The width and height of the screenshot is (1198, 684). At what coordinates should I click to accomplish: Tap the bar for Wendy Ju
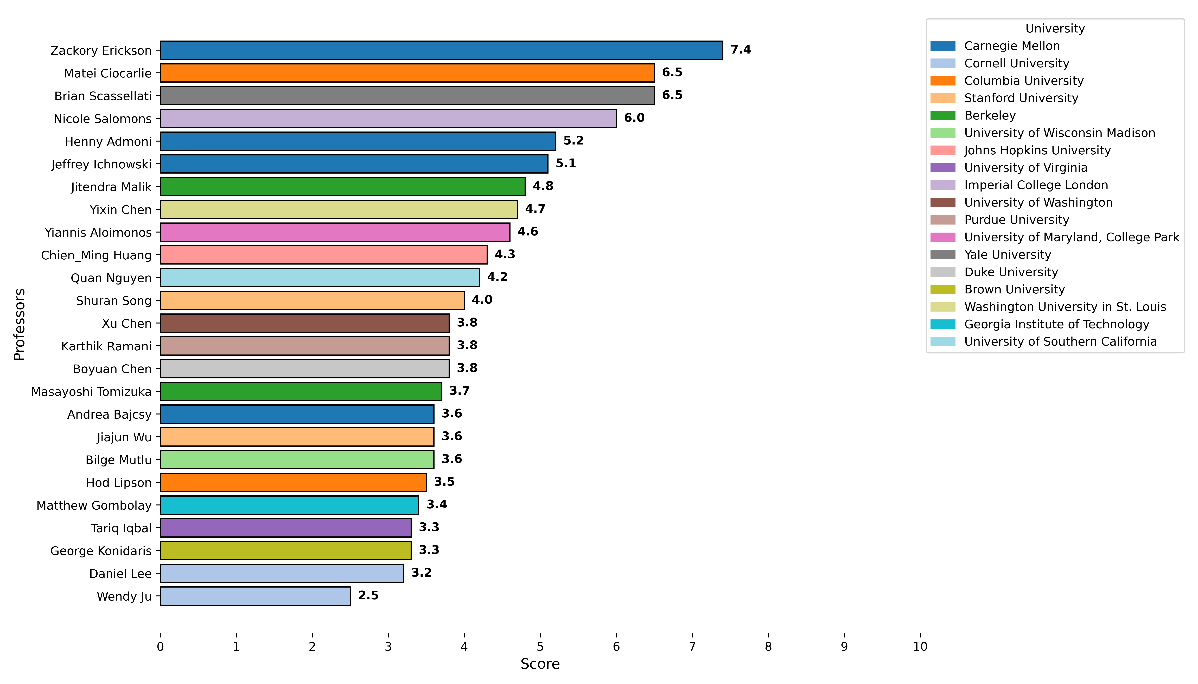coord(255,596)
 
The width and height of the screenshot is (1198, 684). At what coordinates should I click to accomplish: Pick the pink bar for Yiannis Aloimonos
coord(335,232)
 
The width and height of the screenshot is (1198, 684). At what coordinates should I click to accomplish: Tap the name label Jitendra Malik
coord(111,187)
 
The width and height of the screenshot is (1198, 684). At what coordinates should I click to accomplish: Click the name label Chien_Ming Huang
coord(96,255)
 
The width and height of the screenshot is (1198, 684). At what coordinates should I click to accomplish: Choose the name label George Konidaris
coord(101,551)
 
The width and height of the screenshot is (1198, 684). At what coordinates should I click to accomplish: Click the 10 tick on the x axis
coord(920,647)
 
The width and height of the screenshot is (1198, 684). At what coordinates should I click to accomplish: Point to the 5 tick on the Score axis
coord(540,647)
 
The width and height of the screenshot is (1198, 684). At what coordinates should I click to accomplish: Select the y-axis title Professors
coord(19,324)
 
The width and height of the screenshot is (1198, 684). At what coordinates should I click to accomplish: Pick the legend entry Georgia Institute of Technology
coord(1056,324)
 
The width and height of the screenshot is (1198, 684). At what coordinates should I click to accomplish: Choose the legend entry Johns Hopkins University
coord(1037,150)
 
